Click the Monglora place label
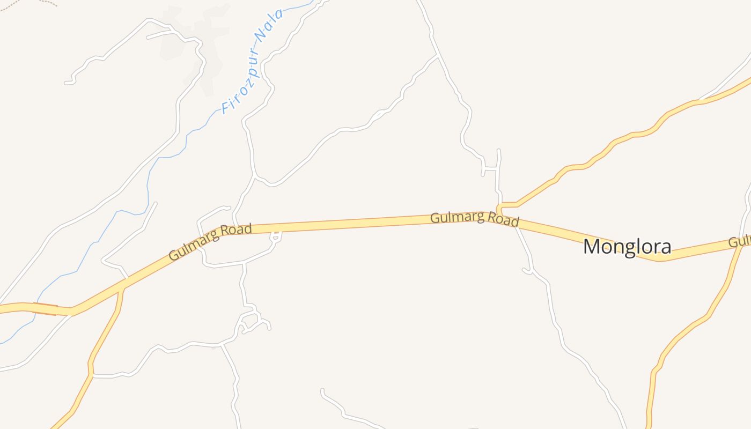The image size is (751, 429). (x=627, y=247)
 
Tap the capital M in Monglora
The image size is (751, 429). (x=591, y=247)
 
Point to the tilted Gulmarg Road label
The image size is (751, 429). (x=210, y=242)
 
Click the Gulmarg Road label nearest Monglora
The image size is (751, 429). (x=475, y=219)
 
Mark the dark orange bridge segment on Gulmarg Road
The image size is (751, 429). (x=45, y=308)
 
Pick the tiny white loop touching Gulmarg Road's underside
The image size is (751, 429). (x=276, y=236)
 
